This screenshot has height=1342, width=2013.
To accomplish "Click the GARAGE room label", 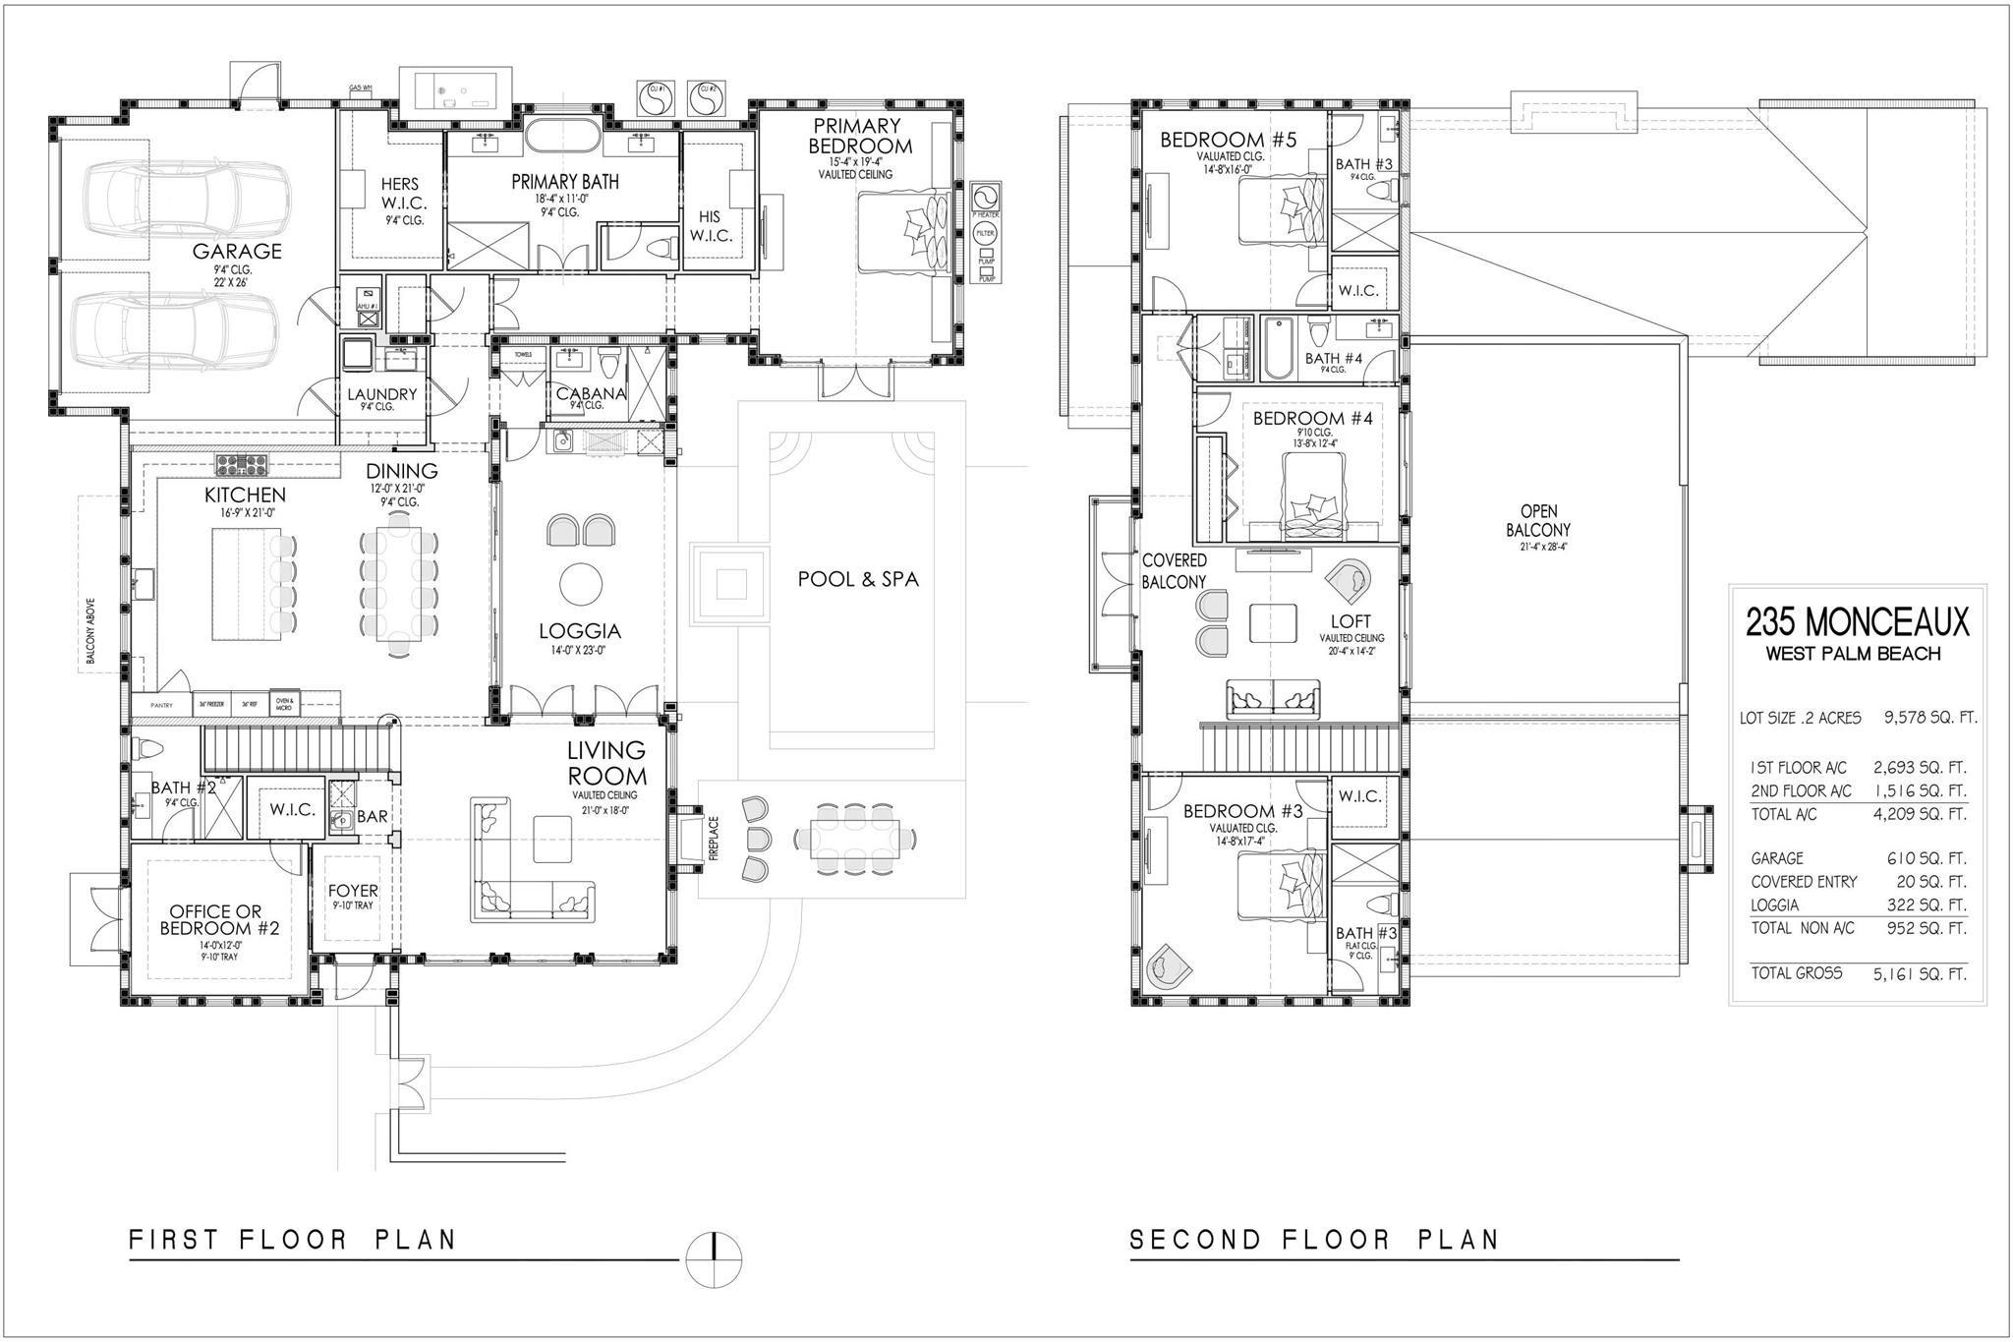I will [x=237, y=251].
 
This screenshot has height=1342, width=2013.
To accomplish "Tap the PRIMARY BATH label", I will [x=564, y=182].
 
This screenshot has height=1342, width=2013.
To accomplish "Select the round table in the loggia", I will [x=581, y=584].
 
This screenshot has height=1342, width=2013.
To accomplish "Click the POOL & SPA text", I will [x=858, y=579].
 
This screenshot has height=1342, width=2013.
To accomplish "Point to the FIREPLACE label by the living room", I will [x=715, y=838].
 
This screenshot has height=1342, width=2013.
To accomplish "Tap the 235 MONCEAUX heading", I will [x=1857, y=621].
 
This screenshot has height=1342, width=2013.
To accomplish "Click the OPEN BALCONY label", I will [x=1538, y=520].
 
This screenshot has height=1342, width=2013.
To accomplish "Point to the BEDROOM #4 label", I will [x=1312, y=418].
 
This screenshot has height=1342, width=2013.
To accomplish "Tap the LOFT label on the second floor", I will [x=1351, y=621].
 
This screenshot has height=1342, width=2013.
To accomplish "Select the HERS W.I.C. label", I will [x=400, y=193].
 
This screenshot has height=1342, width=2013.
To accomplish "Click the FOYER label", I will [x=353, y=891].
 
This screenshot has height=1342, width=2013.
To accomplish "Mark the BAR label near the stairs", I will [x=372, y=816].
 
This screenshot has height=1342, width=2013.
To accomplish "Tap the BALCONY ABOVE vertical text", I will [x=90, y=630].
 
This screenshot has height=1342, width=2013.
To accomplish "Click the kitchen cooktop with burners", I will [x=241, y=461].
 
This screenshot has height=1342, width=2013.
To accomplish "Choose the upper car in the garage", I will [x=184, y=200].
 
